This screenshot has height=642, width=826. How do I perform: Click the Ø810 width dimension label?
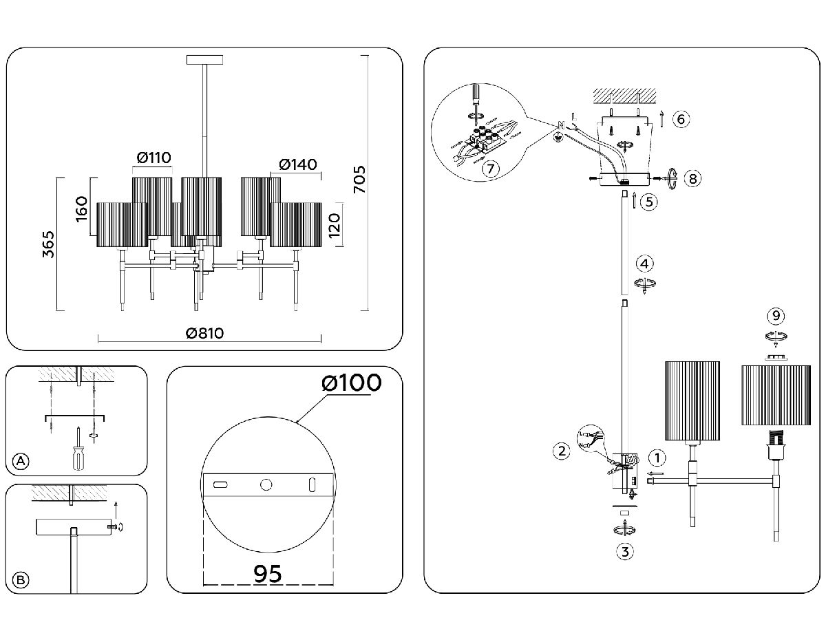point(204,333)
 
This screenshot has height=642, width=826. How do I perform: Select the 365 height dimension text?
point(48,244)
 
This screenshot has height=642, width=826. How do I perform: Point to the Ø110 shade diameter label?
point(153,158)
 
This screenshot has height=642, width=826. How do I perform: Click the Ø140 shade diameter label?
point(298,164)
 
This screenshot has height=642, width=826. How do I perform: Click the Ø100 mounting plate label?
point(351,383)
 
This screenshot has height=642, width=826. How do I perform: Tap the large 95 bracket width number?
point(268,573)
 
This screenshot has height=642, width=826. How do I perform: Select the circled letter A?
point(21,462)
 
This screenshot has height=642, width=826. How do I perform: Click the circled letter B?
point(21,580)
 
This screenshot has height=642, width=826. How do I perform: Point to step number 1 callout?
point(657,457)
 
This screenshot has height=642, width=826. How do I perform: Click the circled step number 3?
point(624,550)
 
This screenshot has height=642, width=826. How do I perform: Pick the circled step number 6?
point(680,119)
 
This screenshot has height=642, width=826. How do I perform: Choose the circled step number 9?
point(776,316)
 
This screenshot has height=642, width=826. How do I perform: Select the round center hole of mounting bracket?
point(266,485)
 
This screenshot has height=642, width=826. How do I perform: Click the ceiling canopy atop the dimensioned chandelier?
point(205,60)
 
